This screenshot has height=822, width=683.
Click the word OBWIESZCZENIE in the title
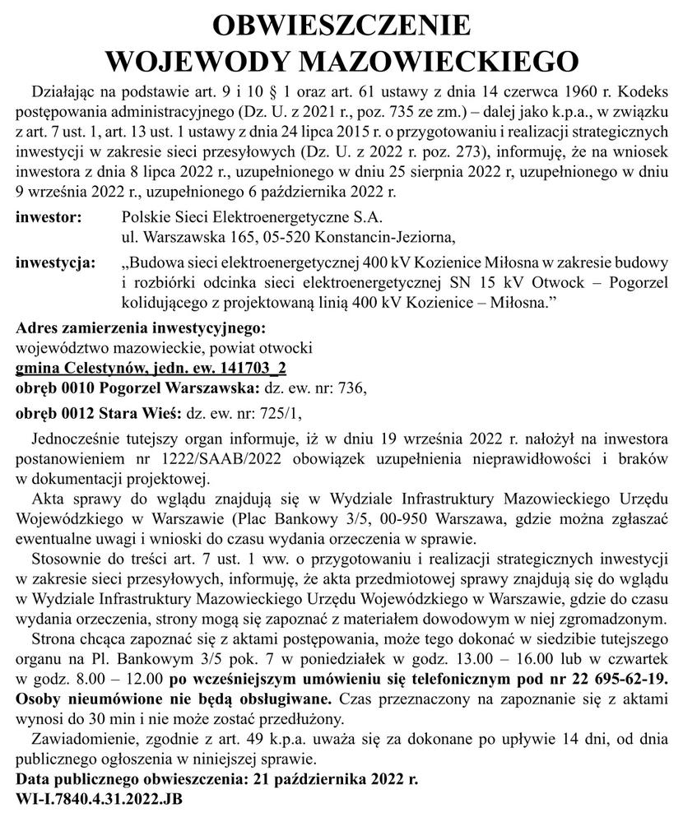click(341, 26)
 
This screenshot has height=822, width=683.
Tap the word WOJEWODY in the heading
click(205, 62)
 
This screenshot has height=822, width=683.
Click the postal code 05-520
click(290, 238)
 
